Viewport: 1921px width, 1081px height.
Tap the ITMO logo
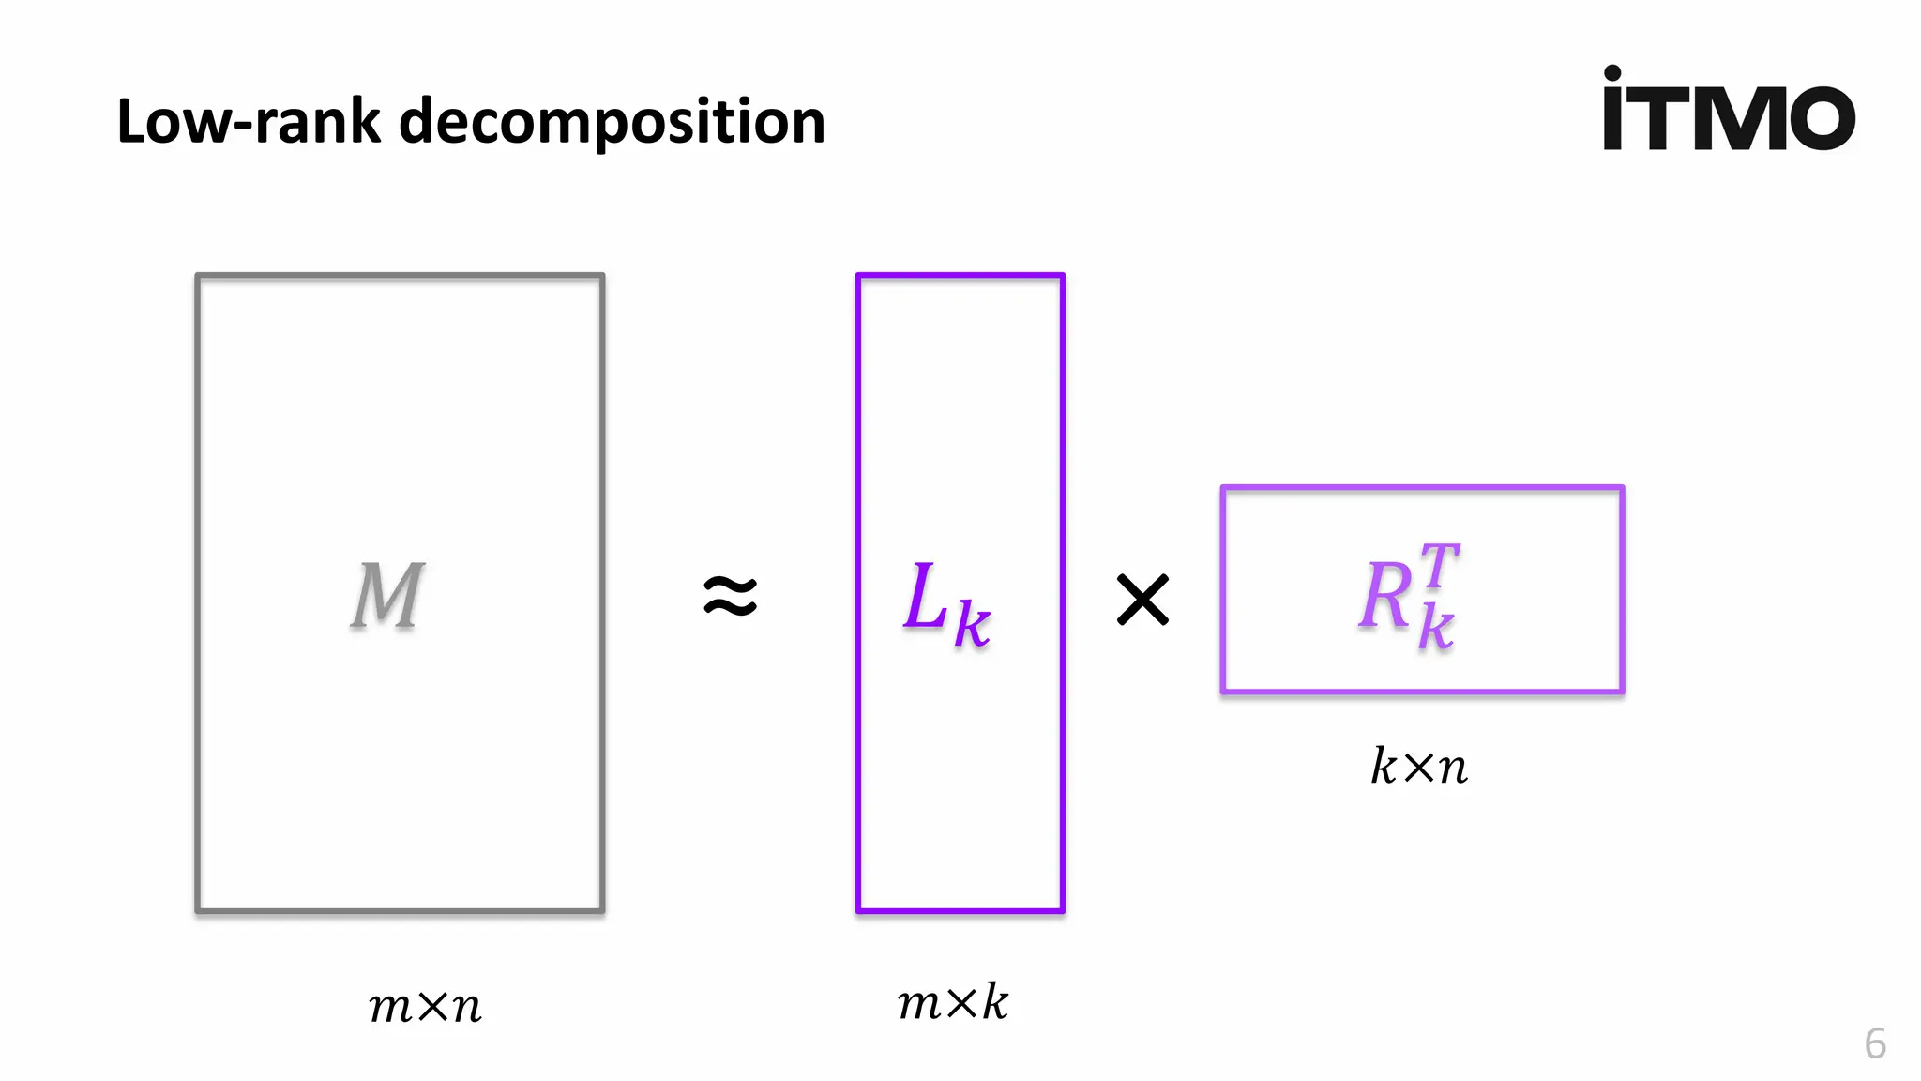point(1729,111)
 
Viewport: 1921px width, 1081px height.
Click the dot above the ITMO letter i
point(1612,72)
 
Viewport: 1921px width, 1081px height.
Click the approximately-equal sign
point(731,597)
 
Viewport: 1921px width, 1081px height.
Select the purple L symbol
point(926,596)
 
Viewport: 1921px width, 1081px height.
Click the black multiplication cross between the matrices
point(1142,600)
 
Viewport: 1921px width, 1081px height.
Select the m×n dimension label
point(425,1006)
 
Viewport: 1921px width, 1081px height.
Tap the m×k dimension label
point(952,1002)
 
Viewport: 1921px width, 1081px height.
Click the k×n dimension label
point(1419,767)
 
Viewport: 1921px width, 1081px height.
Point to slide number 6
point(1875,1043)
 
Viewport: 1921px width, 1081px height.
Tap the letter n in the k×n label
point(1453,769)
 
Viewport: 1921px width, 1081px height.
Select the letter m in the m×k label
point(918,1004)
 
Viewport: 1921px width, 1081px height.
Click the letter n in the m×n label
point(466,1008)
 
